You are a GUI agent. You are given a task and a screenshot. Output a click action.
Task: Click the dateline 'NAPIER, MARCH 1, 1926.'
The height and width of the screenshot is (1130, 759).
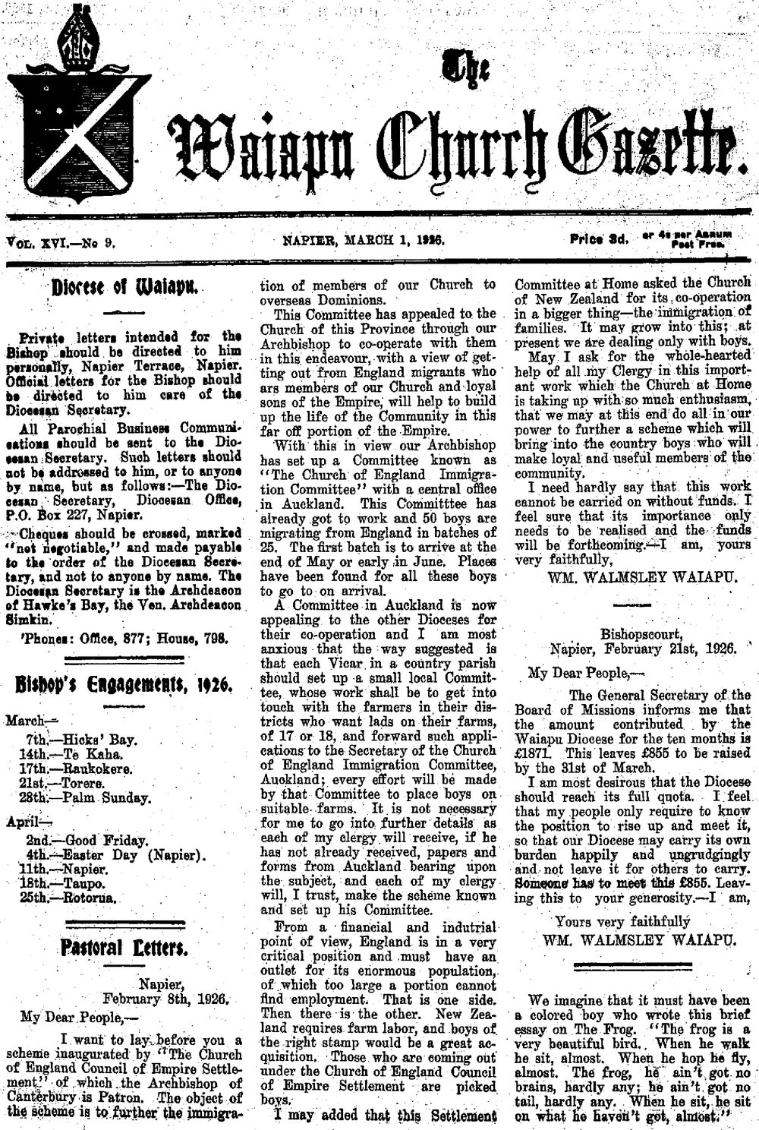(x=362, y=241)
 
